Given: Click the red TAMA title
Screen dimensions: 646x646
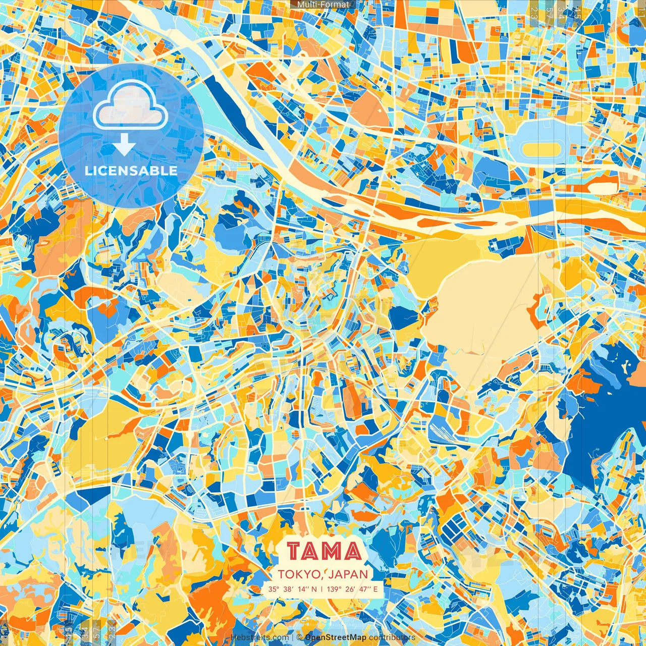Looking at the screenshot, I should tap(325, 552).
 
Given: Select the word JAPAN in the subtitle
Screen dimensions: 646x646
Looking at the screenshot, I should tap(350, 574).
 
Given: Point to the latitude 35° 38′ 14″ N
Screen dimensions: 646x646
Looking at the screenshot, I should tap(293, 589).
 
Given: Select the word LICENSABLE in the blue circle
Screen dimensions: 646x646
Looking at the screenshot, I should tap(131, 171).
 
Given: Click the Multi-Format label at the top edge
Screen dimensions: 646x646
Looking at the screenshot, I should tap(323, 5).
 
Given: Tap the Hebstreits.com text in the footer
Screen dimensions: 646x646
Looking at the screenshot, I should tap(260, 638).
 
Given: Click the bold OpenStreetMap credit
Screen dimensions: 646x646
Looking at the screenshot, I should tap(336, 638).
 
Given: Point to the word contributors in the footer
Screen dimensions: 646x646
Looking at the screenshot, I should tap(392, 638).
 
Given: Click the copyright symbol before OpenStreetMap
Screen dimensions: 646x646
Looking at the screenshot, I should tap(299, 638).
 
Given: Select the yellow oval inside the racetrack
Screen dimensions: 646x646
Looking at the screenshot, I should tap(542, 149).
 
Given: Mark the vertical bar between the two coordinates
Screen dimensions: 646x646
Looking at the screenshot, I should tap(323, 589).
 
